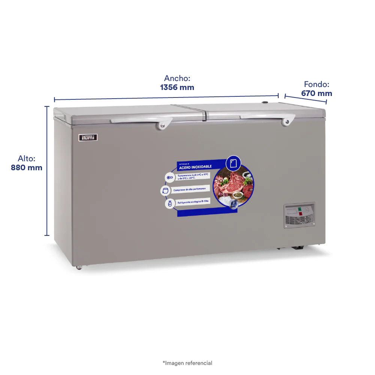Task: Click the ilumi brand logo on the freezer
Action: click(x=88, y=138)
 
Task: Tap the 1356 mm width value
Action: click(x=177, y=87)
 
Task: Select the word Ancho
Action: click(x=177, y=78)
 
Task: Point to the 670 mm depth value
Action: click(x=316, y=93)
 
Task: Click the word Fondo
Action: click(x=316, y=84)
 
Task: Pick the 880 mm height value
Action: click(x=27, y=168)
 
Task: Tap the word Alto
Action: click(x=27, y=159)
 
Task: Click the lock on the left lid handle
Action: click(x=162, y=125)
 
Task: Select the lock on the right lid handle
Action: click(x=287, y=121)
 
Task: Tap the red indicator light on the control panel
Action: click(x=300, y=214)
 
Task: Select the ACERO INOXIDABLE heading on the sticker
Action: click(x=195, y=166)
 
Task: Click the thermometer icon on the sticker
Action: click(x=169, y=177)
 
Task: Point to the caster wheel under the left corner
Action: click(x=79, y=267)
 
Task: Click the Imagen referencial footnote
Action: click(x=187, y=363)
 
